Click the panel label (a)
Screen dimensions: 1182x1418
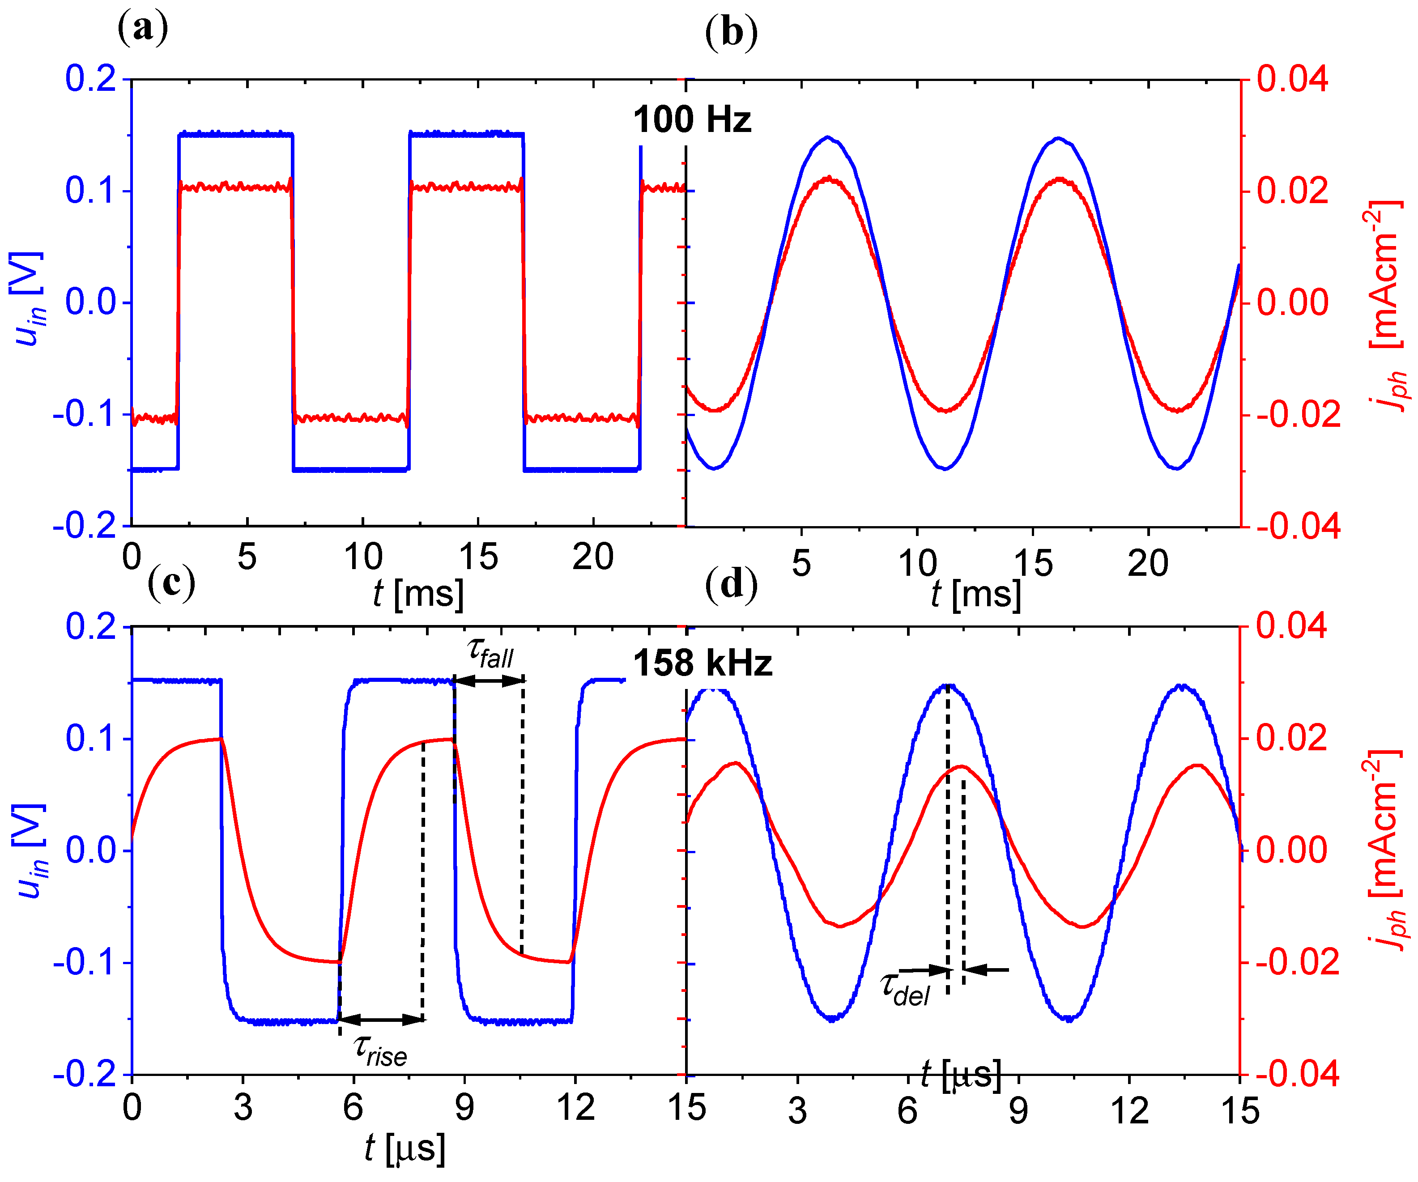click(142, 29)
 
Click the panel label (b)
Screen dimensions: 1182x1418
click(731, 32)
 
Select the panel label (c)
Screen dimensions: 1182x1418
click(171, 582)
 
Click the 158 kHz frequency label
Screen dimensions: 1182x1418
click(702, 663)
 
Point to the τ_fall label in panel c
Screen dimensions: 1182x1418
click(490, 653)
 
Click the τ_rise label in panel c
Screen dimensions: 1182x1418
click(380, 1051)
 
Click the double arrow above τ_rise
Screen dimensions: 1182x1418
click(381, 1019)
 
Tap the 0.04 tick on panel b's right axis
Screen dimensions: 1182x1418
click(1292, 79)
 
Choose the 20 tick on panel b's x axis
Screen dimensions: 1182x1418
click(1147, 564)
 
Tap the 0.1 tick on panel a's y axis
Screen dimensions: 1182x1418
click(91, 191)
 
